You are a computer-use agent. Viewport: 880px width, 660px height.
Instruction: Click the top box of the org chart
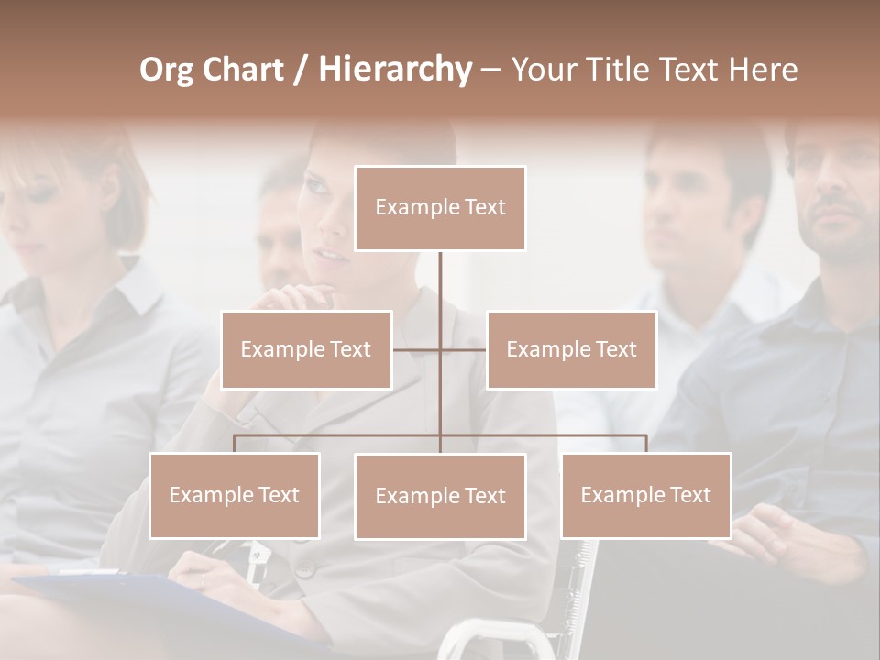[440, 208]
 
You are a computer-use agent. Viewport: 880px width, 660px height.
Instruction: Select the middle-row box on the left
[306, 349]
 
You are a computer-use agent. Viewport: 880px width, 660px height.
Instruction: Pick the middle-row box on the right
[571, 349]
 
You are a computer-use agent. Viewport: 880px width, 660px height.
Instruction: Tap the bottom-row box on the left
[235, 495]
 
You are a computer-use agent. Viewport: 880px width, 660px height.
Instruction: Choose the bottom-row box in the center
[440, 496]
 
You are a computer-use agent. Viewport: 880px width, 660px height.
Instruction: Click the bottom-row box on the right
[646, 495]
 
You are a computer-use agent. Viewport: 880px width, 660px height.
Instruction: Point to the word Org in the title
[166, 70]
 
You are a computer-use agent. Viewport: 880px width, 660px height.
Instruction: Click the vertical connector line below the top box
[440, 284]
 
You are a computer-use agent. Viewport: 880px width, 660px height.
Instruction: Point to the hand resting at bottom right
[770, 532]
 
